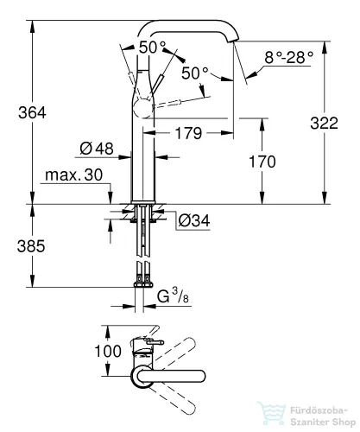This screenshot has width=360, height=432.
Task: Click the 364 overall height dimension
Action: click(x=32, y=112)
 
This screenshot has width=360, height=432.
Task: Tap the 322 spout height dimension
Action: click(x=325, y=124)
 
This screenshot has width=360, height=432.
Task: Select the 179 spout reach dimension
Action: click(x=188, y=133)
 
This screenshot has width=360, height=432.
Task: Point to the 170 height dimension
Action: click(x=262, y=162)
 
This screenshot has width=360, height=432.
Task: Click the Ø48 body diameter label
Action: click(x=97, y=149)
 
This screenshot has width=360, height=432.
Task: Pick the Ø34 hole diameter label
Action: click(x=194, y=221)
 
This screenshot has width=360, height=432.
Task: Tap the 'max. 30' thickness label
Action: click(x=74, y=175)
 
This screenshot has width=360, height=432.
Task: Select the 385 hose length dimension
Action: click(x=31, y=246)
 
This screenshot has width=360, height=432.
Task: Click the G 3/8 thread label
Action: click(x=173, y=295)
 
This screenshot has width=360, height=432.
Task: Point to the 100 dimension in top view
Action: click(x=108, y=351)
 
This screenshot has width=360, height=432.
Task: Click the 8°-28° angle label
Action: click(x=288, y=57)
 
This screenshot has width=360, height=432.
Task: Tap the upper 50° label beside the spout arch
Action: click(x=153, y=48)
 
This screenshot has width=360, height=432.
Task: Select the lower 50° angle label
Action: click(x=195, y=73)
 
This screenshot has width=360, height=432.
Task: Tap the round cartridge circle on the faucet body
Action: click(x=143, y=109)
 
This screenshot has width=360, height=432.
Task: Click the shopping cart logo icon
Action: click(x=272, y=414)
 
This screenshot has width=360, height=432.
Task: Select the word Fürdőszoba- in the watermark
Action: click(x=319, y=410)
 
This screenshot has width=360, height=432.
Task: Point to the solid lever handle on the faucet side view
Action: click(x=157, y=84)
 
